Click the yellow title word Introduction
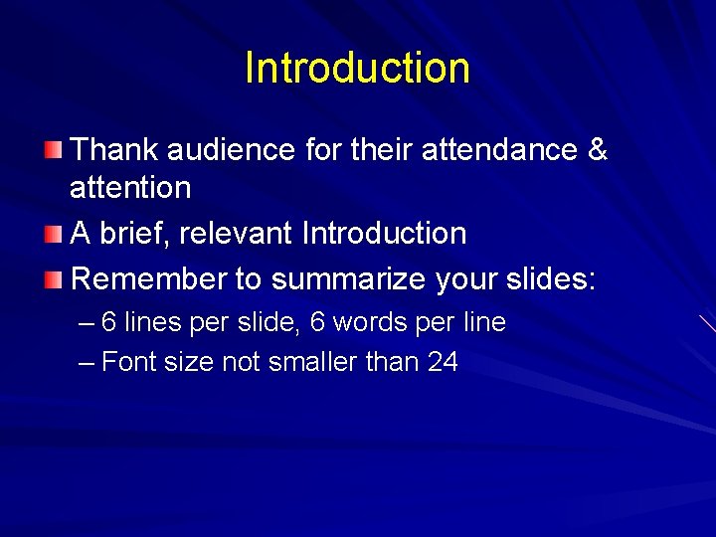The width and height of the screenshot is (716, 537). tap(357, 68)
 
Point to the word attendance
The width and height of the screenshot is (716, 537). tap(499, 150)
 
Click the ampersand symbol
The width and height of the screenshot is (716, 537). tap(598, 150)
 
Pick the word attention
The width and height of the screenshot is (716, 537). tap(130, 187)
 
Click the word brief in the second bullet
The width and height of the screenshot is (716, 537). tap(133, 234)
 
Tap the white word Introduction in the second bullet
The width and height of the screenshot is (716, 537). tap(384, 234)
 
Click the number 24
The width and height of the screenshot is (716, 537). tap(443, 362)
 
